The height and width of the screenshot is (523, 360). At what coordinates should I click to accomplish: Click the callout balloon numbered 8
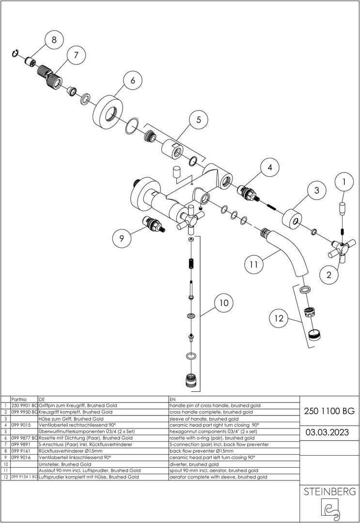coord(54,40)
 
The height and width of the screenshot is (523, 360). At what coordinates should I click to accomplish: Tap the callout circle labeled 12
coord(279,319)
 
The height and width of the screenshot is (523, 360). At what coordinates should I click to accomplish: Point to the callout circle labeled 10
coord(223,303)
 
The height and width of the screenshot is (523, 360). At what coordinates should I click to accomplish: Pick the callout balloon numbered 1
coord(344,182)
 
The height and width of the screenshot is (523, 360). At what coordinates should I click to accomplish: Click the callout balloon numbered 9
coord(122,238)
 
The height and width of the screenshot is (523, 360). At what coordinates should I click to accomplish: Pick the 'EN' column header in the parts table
coord(173,399)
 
